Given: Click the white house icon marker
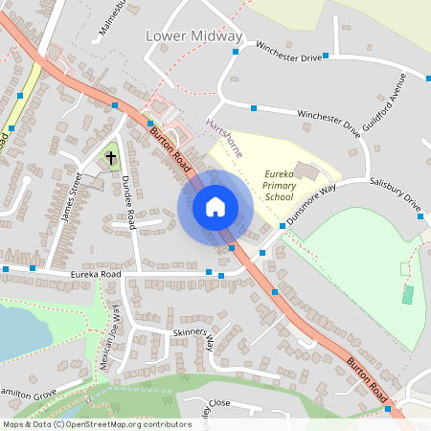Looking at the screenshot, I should [x=215, y=206].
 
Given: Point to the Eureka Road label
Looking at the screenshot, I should [x=97, y=274].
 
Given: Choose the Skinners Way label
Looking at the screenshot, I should [x=193, y=336].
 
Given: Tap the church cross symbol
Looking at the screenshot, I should [x=111, y=155].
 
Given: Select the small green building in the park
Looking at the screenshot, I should [x=407, y=293].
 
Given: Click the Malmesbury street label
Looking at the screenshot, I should [x=113, y=19].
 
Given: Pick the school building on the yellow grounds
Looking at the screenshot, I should [x=308, y=170].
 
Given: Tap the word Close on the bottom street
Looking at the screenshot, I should [x=219, y=403].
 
